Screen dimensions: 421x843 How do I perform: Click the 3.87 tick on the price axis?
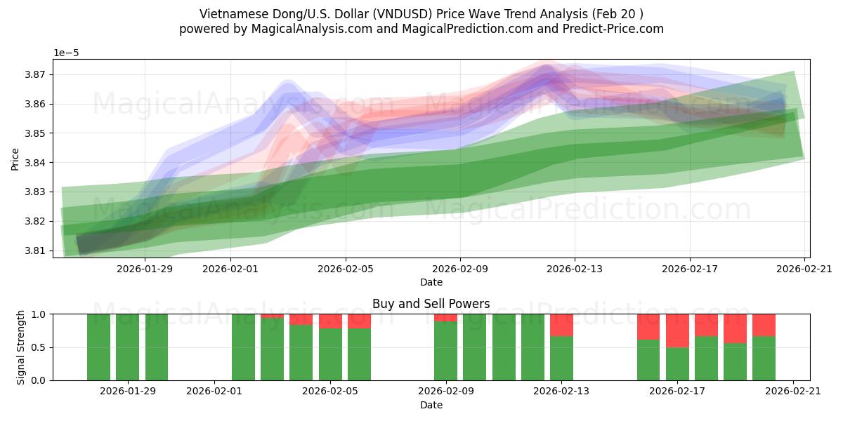point(38,74)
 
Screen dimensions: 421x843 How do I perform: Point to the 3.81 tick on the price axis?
point(38,250)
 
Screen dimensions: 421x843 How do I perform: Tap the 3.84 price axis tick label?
point(38,163)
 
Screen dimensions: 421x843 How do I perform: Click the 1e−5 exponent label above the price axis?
point(66,53)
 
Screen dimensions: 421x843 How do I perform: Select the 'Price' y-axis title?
point(15,159)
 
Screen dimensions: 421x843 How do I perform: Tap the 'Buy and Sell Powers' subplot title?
point(431,304)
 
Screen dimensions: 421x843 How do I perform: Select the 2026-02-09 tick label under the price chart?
point(460,268)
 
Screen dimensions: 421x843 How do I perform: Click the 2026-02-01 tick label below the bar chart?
point(214,391)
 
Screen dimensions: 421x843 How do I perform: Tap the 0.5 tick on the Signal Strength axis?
point(41,347)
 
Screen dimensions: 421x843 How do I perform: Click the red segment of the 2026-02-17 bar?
point(677,330)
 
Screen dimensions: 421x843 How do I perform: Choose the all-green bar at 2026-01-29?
point(128,347)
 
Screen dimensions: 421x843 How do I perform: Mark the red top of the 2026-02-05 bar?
point(330,321)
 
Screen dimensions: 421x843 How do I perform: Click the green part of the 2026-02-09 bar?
point(445,351)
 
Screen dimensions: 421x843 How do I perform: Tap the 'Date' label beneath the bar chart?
point(431,405)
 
